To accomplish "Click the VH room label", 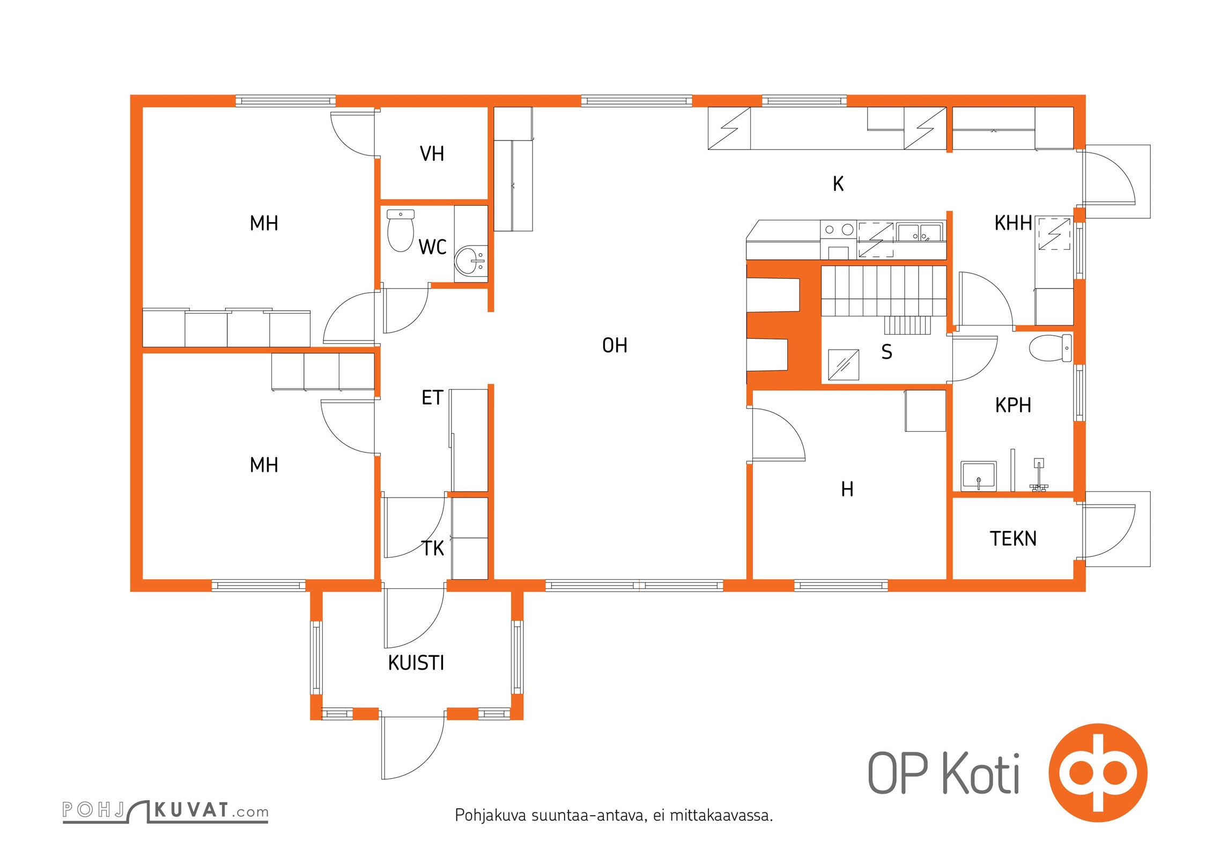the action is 432,154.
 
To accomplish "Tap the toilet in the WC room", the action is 401,231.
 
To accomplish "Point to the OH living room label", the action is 615,345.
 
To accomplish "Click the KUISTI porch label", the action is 416,663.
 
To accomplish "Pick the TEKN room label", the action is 1013,538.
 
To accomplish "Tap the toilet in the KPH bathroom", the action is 1051,348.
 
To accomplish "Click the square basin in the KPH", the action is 979,476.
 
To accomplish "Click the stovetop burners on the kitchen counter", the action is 839,230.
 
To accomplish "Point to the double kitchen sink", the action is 919,233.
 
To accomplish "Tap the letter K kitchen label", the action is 838,184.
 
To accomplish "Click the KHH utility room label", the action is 1013,223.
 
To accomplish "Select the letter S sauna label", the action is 887,352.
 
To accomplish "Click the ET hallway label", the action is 432,398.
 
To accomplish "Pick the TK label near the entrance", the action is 433,549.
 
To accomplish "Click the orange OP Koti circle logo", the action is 1098,773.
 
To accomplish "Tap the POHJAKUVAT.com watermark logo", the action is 165,810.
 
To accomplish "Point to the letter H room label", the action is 847,489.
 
